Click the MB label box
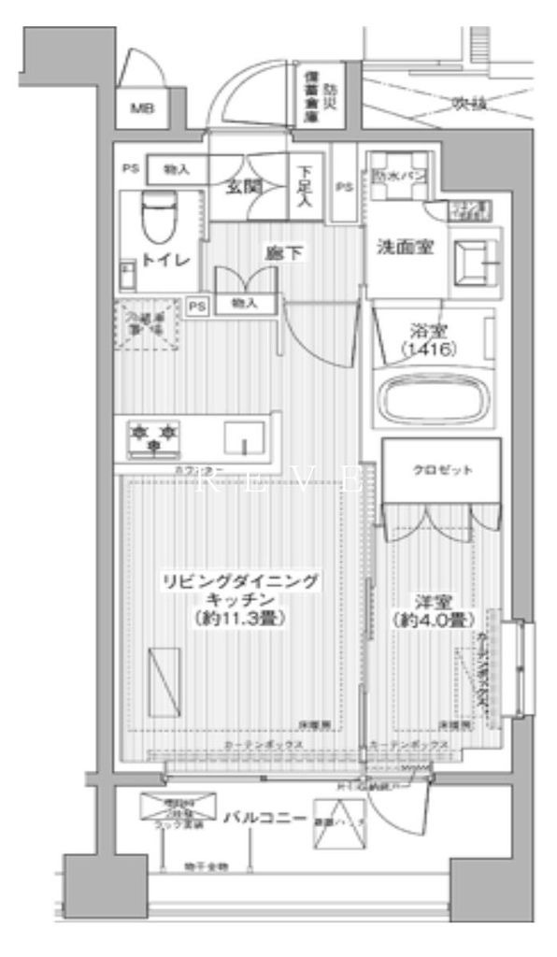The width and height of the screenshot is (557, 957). pos(141,109)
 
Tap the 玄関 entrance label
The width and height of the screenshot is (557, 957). pos(242,186)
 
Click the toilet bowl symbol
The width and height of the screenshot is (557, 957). pos(160,216)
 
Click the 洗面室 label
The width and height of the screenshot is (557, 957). pos(404,250)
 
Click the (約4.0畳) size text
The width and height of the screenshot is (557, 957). pos(432,620)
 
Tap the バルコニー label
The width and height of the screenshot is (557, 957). pos(265,820)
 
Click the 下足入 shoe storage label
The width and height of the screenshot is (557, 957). pos(306,187)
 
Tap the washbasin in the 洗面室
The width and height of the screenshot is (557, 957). pos(473,264)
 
